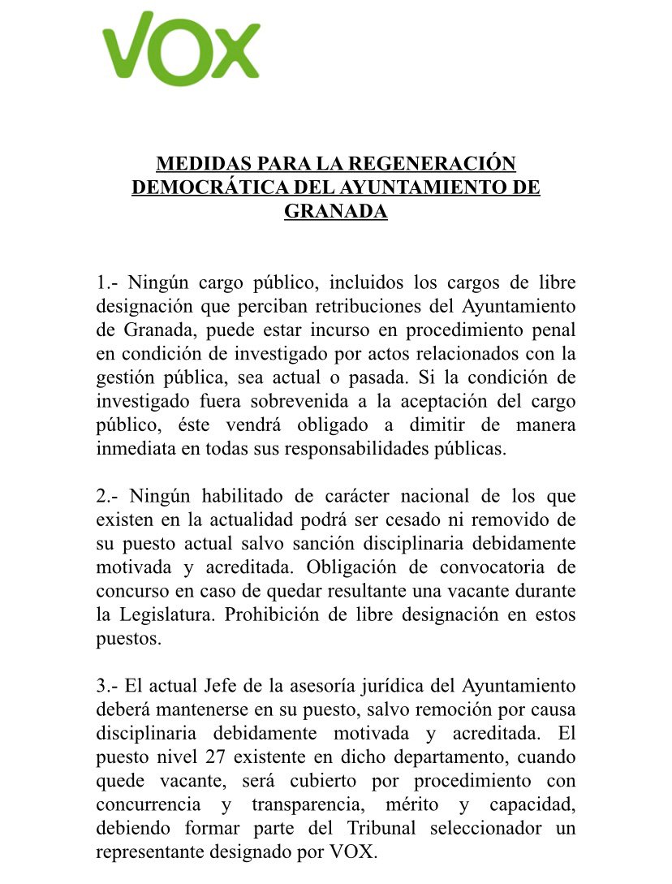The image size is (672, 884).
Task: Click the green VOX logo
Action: click(180, 49)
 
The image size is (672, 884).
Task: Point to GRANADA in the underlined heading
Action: click(335, 212)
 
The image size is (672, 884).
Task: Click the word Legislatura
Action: click(168, 614)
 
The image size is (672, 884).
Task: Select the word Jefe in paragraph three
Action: click(219, 686)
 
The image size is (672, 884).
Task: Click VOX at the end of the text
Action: click(352, 852)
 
